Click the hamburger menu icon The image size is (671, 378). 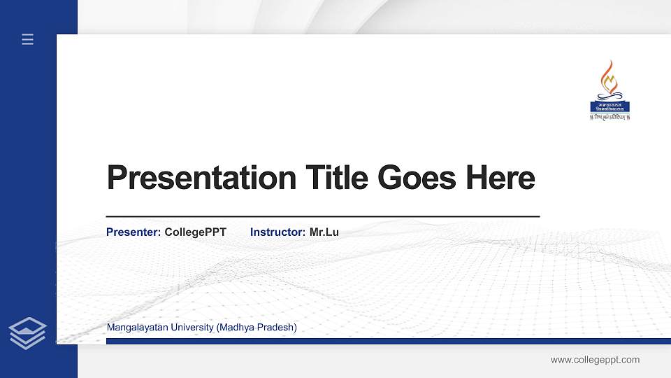(27, 39)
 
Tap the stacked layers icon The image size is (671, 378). (27, 332)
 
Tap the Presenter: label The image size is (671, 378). (134, 232)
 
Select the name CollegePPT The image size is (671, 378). (195, 232)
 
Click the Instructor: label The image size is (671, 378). (277, 232)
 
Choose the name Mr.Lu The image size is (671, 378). (324, 232)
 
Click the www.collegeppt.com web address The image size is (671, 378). (595, 360)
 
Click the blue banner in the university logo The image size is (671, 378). (609, 106)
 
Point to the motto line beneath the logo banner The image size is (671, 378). (609, 118)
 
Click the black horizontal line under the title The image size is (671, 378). (322, 217)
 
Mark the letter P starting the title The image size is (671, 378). (117, 178)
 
